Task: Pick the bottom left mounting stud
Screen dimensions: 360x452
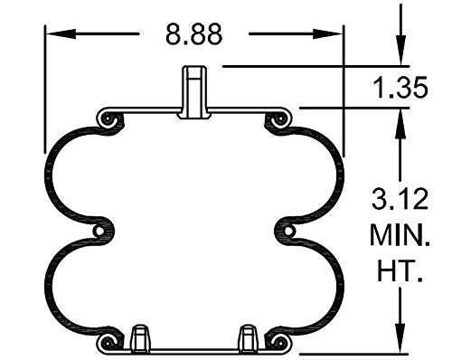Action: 141,338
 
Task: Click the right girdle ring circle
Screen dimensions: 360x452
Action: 290,232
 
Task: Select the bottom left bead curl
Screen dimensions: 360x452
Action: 108,341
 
